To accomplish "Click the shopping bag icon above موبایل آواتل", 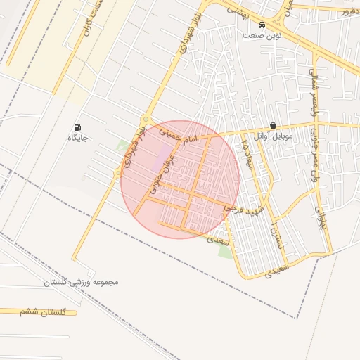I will (273, 125).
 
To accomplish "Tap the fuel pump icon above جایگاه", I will (76, 127).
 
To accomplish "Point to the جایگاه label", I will (77, 138).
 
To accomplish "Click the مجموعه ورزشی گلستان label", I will (82, 282).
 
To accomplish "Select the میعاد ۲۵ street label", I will (246, 156).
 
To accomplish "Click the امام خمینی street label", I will (176, 136).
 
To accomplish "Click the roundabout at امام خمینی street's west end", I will (146, 120).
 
